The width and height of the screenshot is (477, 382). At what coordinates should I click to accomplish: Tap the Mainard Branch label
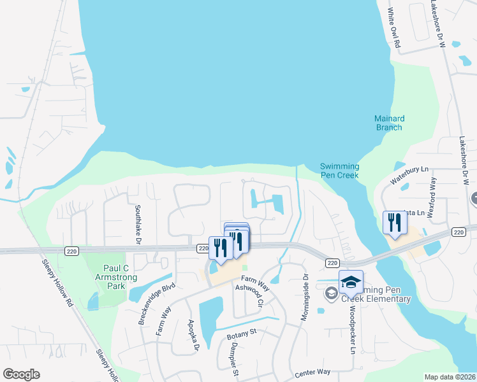[388, 123]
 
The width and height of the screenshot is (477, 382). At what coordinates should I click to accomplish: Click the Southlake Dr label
[137, 222]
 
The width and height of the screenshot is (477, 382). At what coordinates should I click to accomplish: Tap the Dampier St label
[235, 360]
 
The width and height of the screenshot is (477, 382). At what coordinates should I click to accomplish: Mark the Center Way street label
[312, 371]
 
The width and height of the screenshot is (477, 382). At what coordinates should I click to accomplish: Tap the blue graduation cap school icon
[351, 281]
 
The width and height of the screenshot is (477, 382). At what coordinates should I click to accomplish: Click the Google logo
[21, 374]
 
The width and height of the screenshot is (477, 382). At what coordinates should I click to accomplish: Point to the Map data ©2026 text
[450, 377]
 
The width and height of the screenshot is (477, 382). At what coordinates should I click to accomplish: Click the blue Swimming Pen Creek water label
[339, 171]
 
